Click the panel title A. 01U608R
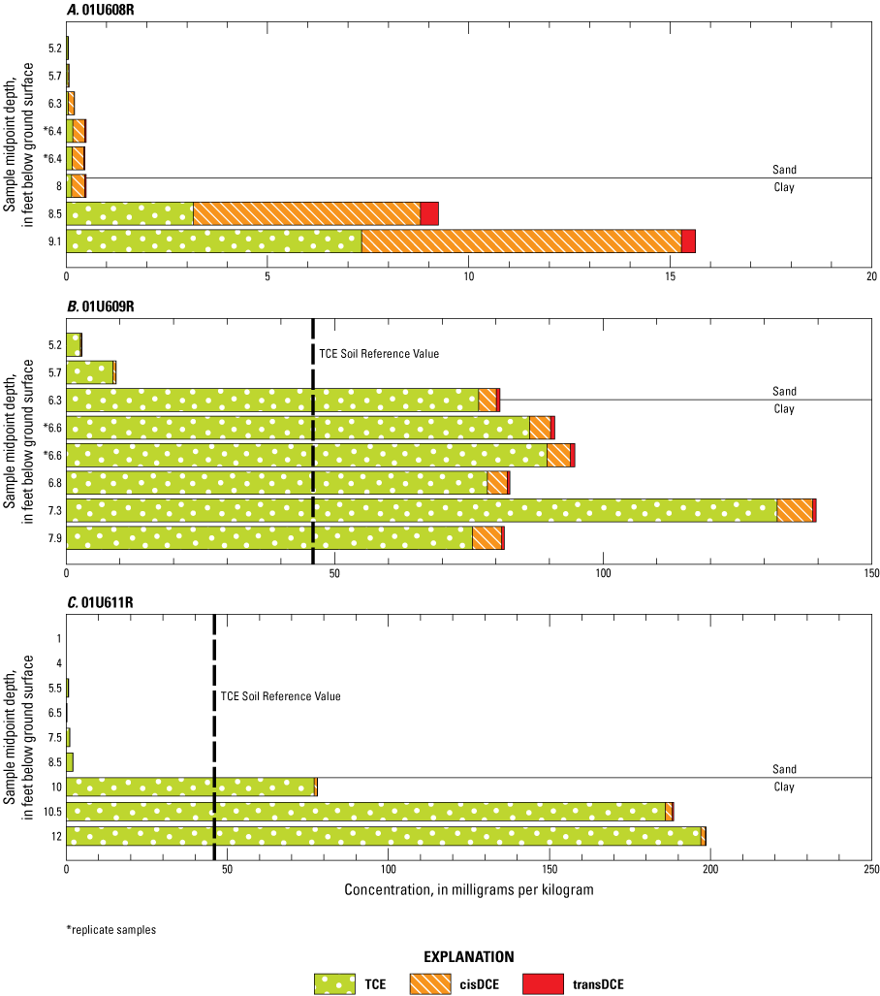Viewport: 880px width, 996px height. click(44, 11)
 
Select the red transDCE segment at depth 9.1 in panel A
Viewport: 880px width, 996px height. click(688, 241)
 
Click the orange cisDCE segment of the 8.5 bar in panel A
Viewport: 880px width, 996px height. click(306, 213)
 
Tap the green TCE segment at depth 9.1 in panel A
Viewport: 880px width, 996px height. click(213, 241)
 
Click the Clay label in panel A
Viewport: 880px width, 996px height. click(784, 186)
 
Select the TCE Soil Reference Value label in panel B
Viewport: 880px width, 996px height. click(380, 354)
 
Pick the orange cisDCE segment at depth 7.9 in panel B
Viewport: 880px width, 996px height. click(487, 537)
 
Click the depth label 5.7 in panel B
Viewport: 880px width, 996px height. click(54, 371)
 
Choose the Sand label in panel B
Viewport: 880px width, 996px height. click(784, 391)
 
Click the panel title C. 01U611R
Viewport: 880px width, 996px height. click(44, 602)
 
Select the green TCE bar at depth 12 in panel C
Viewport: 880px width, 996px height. click(383, 836)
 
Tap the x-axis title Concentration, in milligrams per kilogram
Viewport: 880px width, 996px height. click(468, 889)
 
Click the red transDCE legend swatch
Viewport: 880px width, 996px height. click(543, 983)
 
